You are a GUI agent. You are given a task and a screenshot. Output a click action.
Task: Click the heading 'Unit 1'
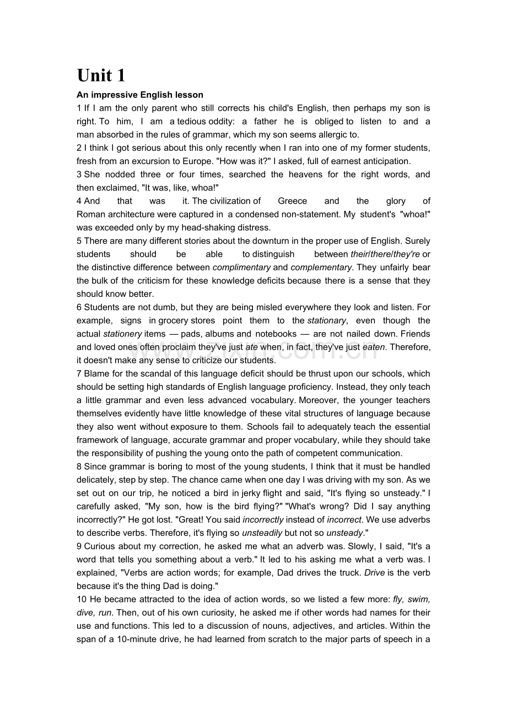click(101, 75)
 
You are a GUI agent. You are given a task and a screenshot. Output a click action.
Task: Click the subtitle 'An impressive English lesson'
click(140, 95)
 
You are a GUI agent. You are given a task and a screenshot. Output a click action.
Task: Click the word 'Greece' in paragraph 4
click(292, 201)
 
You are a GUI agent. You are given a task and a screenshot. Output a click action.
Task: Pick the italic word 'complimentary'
click(241, 267)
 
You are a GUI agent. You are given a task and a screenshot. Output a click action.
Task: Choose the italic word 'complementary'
click(321, 267)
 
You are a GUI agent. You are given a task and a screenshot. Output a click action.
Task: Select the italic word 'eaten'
click(374, 347)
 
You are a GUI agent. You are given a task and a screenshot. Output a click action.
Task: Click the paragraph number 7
click(79, 373)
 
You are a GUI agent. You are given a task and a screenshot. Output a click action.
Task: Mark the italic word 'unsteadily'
click(262, 533)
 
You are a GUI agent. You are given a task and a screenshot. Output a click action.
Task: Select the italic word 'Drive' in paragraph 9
click(375, 573)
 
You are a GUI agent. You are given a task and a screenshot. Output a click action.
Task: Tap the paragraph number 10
click(81, 599)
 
